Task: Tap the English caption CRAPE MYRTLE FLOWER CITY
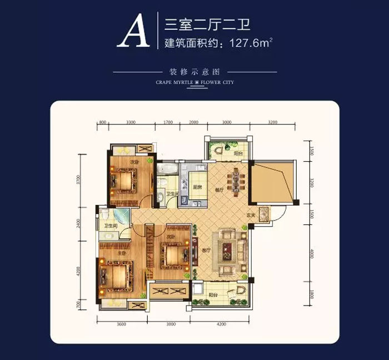(194, 82)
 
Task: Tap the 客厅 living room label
(207, 251)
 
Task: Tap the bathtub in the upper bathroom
(166, 169)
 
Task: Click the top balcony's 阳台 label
(237, 153)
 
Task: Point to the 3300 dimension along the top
(130, 121)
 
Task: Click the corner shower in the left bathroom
(106, 214)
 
